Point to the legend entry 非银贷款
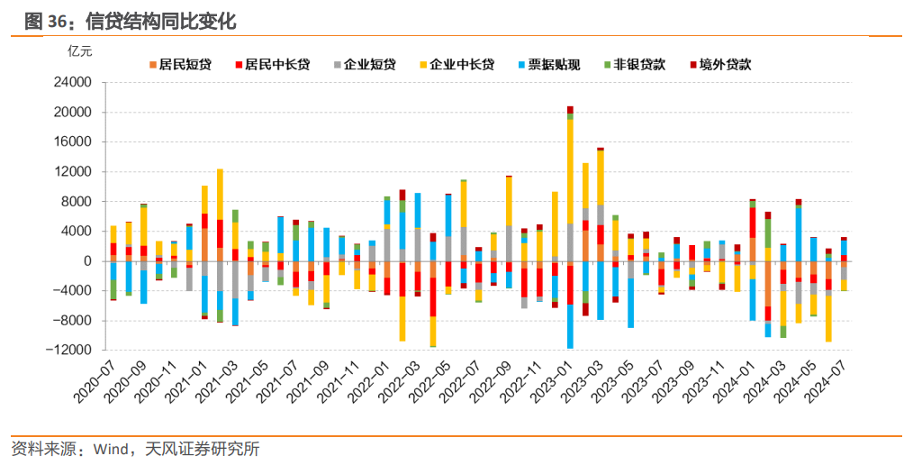point(640,65)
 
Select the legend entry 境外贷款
point(726,65)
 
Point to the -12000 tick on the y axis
point(71,351)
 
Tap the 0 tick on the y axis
point(88,261)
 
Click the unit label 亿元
point(80,50)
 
